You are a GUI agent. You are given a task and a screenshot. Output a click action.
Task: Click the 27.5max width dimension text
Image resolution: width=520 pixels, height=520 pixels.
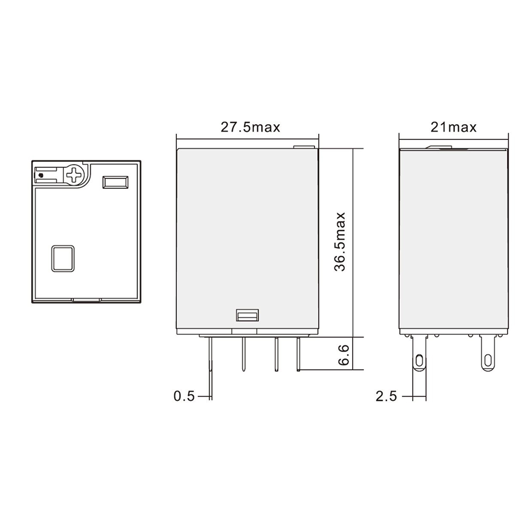pyautogui.click(x=250, y=127)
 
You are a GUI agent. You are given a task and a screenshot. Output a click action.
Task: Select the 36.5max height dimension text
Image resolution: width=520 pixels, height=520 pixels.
pyautogui.click(x=341, y=241)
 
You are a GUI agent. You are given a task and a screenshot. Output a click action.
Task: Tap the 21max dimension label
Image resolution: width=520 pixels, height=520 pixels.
pyautogui.click(x=453, y=127)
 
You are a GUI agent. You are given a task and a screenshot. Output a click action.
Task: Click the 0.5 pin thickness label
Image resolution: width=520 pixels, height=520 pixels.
pyautogui.click(x=184, y=396)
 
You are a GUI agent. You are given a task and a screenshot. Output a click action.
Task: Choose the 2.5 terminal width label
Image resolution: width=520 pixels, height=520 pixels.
pyautogui.click(x=386, y=396)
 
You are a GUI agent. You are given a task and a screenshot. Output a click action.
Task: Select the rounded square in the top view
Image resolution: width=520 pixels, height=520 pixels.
pyautogui.click(x=63, y=257)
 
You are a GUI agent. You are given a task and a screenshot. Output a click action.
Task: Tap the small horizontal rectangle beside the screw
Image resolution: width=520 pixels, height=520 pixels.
pyautogui.click(x=115, y=182)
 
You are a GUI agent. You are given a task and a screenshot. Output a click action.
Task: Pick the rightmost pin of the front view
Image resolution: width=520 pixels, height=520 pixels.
pyautogui.click(x=298, y=354)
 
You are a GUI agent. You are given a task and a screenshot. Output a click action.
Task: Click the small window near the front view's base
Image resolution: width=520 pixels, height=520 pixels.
pyautogui.click(x=247, y=316)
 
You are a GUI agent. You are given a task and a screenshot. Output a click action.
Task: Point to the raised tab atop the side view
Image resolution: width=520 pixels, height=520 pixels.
pyautogui.click(x=440, y=147)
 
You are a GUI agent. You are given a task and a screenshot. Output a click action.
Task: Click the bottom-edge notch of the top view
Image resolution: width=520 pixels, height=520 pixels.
pyautogui.click(x=86, y=300)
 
